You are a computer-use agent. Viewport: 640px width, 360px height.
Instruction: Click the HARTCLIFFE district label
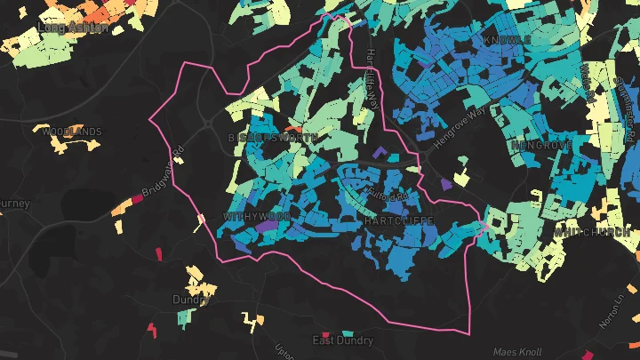pos(398,219)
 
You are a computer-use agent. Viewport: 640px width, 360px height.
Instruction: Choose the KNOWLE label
pos(508,41)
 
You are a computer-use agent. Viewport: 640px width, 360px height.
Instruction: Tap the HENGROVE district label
pos(540,144)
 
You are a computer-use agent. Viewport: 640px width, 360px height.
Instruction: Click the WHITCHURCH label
pos(592,232)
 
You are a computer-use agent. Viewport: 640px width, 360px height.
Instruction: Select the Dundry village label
pos(190,300)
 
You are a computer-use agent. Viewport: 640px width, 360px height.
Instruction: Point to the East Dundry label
pos(342,340)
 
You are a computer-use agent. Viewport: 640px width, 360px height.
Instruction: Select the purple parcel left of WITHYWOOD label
pos(264,227)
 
